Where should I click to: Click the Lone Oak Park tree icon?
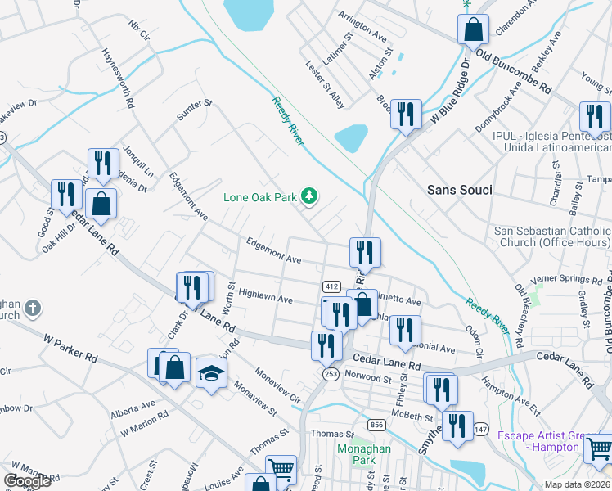coord(309,196)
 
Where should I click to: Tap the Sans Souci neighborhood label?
coord(460,190)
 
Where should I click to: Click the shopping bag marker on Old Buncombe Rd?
coord(473,30)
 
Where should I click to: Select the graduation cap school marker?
coord(211,374)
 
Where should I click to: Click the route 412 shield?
coord(331,286)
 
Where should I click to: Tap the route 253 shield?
coord(329,373)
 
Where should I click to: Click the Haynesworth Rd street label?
coord(117,79)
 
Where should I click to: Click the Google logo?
coord(27,480)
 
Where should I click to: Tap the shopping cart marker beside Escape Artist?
coord(599,447)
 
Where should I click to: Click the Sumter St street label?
coord(195,110)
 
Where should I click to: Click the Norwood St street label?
coord(368,378)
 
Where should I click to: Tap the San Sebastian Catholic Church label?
coord(552,237)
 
